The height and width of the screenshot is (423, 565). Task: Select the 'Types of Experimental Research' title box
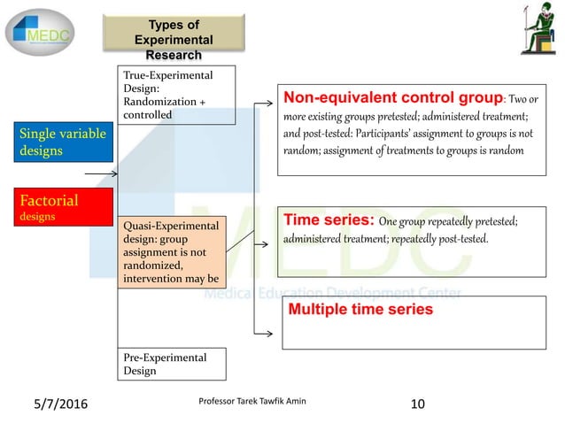pyautogui.click(x=173, y=40)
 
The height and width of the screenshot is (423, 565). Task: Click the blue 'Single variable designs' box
pyautogui.click(x=63, y=142)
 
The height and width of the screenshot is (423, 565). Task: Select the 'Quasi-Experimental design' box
pyautogui.click(x=171, y=251)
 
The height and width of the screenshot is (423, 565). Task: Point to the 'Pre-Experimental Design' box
pyautogui.click(x=171, y=364)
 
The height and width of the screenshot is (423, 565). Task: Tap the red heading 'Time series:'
pyautogui.click(x=329, y=219)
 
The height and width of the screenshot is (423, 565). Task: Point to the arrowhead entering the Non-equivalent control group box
pyautogui.click(x=269, y=104)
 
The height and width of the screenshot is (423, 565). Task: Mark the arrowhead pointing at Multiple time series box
pyautogui.click(x=269, y=334)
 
